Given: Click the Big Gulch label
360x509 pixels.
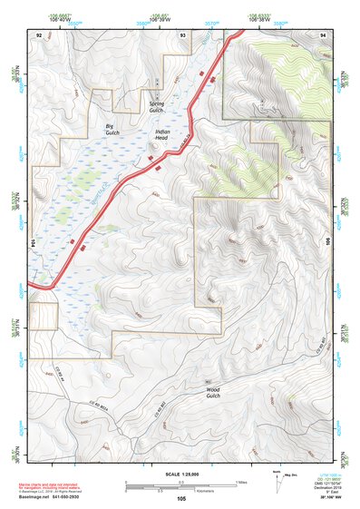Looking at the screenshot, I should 112,128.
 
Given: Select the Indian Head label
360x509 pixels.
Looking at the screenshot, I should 162,136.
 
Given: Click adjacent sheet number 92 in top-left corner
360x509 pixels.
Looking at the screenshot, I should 39,34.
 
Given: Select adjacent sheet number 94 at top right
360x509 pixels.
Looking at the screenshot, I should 324,34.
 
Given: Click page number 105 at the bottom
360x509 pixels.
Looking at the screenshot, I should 181,498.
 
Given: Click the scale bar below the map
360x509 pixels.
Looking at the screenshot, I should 180,486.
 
